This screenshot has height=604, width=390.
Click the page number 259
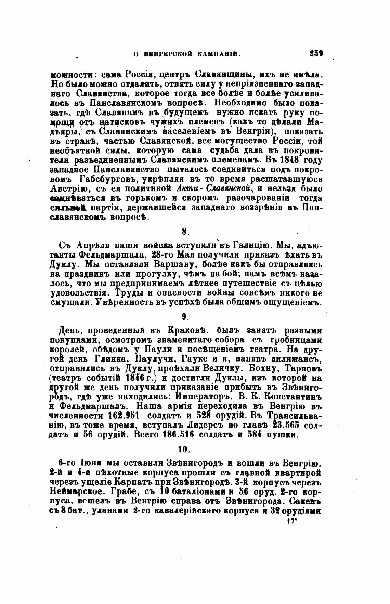(x=316, y=53)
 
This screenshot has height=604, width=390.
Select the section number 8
(x=185, y=232)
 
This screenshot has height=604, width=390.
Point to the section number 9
(x=185, y=317)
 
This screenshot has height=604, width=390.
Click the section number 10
(x=185, y=449)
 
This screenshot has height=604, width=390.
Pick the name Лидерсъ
(x=205, y=425)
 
